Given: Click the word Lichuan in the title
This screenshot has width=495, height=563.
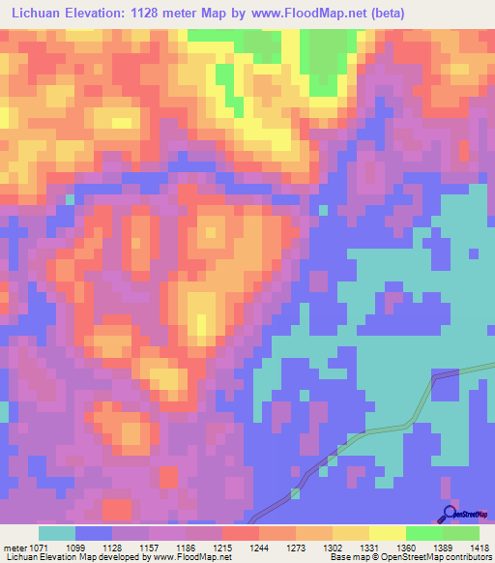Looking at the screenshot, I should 38,14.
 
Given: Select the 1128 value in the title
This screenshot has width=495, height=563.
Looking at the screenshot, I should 159,14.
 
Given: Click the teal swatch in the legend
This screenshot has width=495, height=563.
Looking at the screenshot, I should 57,533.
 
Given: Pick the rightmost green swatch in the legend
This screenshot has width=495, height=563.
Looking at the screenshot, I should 460,533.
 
